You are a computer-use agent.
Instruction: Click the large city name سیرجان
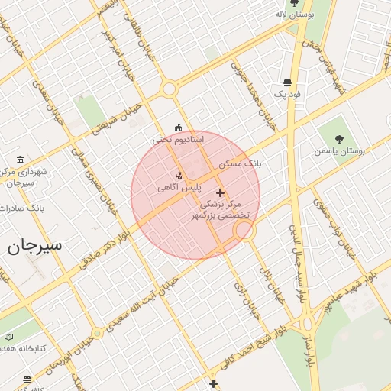coord(34,246)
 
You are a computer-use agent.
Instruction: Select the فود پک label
coord(288,94)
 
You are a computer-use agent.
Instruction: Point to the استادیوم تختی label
coord(178,140)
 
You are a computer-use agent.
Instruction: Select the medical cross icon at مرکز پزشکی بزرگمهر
coord(221,192)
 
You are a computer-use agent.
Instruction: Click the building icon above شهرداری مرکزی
coord(20,160)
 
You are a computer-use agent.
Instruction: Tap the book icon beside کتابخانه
coord(8,336)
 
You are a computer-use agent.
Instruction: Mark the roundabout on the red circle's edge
coord(243,230)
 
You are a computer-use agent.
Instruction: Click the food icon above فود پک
coord(288,82)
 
